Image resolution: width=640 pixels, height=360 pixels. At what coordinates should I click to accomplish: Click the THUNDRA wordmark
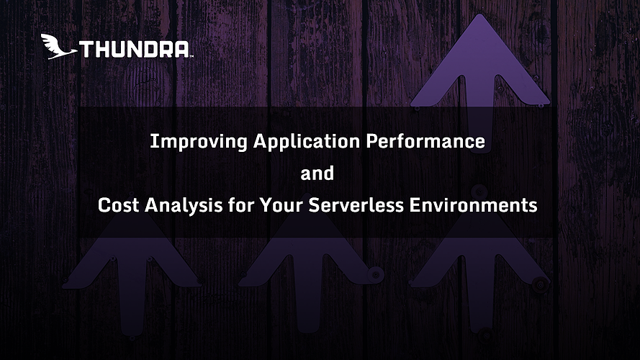coord(134,50)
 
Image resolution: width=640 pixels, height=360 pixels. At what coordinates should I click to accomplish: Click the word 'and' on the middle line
coord(317,174)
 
